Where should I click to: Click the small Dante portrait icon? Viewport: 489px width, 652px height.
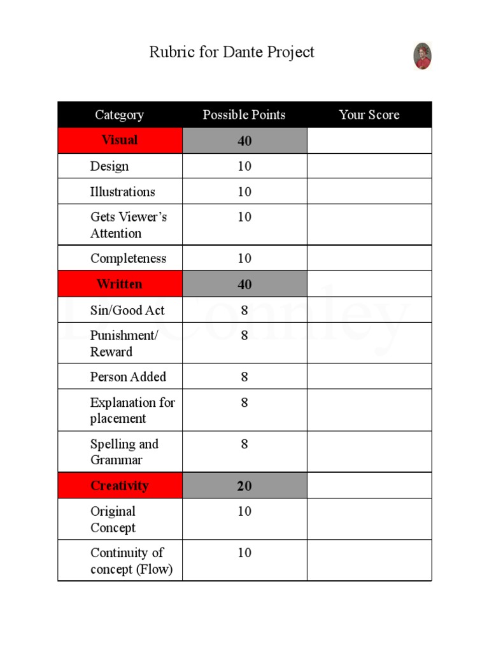click(x=422, y=56)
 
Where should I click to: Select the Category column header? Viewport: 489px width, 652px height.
click(x=119, y=115)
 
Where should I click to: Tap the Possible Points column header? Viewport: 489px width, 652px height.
click(x=244, y=115)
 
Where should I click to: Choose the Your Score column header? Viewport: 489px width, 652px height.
click(x=369, y=115)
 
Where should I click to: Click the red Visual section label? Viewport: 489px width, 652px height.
click(x=119, y=140)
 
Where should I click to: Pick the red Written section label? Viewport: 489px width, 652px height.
click(x=119, y=284)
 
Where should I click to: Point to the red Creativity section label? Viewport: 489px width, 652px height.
click(x=119, y=486)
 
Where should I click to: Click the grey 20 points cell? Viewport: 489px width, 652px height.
click(x=244, y=486)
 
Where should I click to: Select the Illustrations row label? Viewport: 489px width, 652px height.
click(x=122, y=192)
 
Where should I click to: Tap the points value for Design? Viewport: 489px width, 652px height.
click(x=244, y=166)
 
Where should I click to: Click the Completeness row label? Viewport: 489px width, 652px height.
click(x=128, y=259)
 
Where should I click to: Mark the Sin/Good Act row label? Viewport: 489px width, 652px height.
click(x=127, y=311)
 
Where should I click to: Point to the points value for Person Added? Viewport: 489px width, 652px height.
click(x=244, y=377)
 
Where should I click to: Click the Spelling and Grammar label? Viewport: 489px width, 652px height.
click(x=124, y=452)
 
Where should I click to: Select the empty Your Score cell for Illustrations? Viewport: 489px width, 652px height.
click(x=369, y=192)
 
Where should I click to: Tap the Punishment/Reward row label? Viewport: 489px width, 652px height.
click(x=124, y=344)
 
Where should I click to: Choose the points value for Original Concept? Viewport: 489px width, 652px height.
click(x=244, y=511)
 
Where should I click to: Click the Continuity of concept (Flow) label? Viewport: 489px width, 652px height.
click(x=131, y=561)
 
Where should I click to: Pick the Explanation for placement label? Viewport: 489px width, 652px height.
click(x=132, y=411)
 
